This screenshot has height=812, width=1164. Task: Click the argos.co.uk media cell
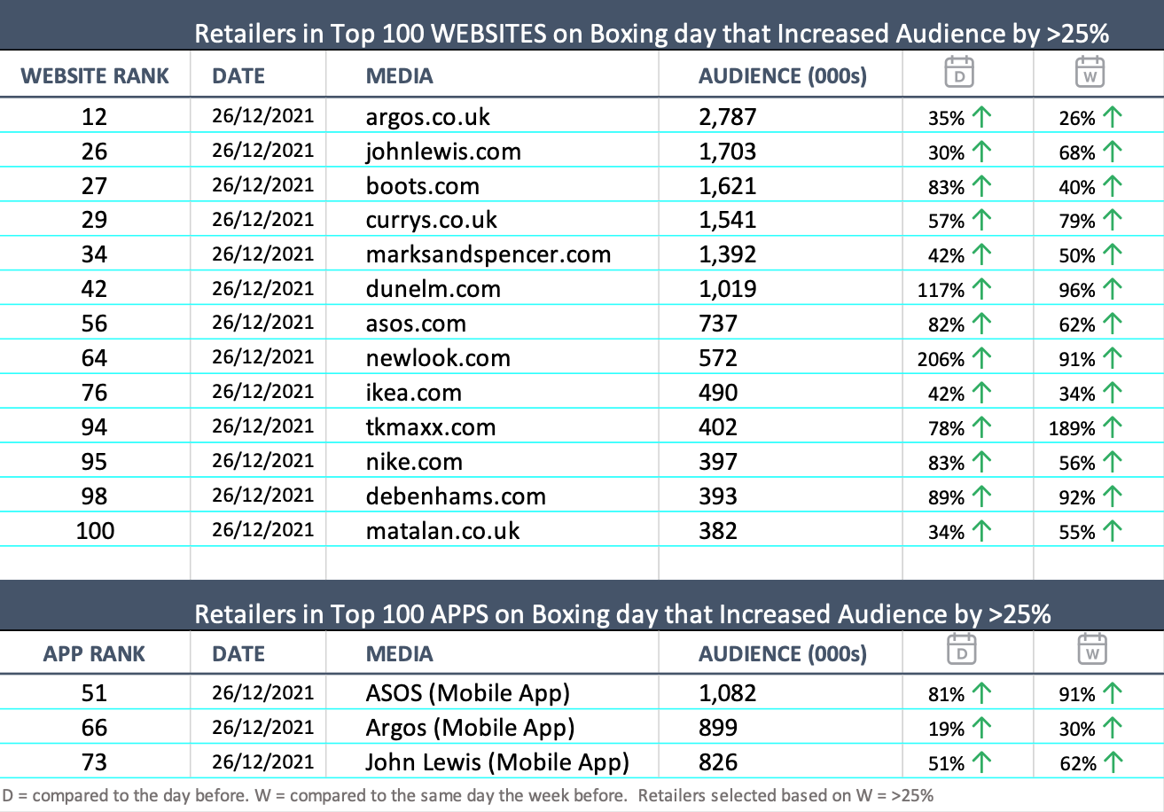pyautogui.click(x=427, y=117)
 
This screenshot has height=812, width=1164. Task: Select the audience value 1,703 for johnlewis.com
pyautogui.click(x=727, y=152)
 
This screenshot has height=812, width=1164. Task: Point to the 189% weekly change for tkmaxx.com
pyautogui.click(x=1072, y=429)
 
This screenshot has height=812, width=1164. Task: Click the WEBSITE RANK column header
pyautogui.click(x=95, y=75)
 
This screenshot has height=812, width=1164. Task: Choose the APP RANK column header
pyautogui.click(x=95, y=654)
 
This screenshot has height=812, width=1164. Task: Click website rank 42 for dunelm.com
pyautogui.click(x=94, y=289)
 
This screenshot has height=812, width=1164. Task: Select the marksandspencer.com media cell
pyautogui.click(x=488, y=255)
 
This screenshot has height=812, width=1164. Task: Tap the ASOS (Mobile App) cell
pyautogui.click(x=467, y=692)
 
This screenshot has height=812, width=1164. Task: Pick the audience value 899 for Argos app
pyautogui.click(x=717, y=728)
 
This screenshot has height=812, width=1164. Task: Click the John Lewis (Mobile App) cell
pyautogui.click(x=496, y=761)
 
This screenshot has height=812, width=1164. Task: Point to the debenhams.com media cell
pyautogui.click(x=456, y=496)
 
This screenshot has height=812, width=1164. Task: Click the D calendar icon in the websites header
pyautogui.click(x=959, y=71)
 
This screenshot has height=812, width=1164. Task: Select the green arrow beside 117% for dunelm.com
pyautogui.click(x=980, y=289)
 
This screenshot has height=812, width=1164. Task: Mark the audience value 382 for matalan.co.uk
pyautogui.click(x=717, y=531)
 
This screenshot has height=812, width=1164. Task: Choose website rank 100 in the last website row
pyautogui.click(x=94, y=531)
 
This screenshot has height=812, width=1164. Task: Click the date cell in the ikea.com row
pyautogui.click(x=262, y=392)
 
